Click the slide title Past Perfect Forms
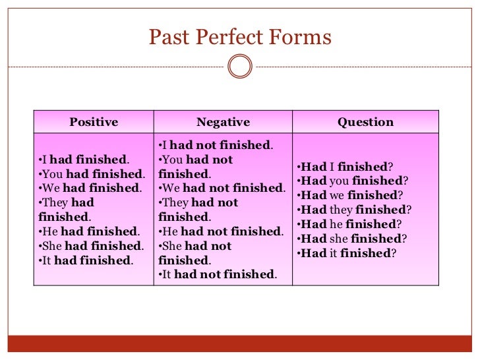point(239,37)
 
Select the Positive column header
point(94,122)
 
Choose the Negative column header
point(223,122)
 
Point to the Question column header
point(365,122)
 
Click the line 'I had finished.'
point(84,160)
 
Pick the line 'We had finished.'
point(90,189)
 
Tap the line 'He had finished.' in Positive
point(89,231)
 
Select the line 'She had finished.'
point(92,246)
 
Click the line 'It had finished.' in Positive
point(86,260)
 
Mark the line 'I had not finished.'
point(216,145)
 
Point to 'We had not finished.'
point(222,189)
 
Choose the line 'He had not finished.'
point(221,231)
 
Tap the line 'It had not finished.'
point(218,275)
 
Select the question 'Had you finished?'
point(352,181)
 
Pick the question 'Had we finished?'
point(350,195)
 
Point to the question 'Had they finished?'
point(354,210)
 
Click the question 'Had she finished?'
point(351,239)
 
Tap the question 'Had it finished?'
point(346,253)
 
